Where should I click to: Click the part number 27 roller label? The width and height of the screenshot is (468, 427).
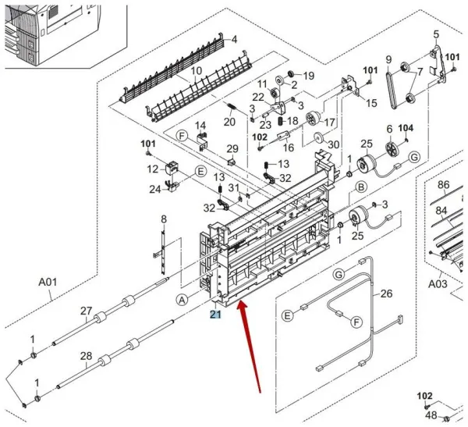[x=86, y=311]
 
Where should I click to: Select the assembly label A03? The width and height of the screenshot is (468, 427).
[x=438, y=284]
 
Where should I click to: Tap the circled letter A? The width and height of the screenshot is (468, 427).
[x=182, y=300]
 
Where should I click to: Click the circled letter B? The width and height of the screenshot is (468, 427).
[x=362, y=187]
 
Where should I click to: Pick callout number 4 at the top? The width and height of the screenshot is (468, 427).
[x=234, y=39]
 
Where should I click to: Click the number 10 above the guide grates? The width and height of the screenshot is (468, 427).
[x=197, y=71]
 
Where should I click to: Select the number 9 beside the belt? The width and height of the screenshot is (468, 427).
[x=388, y=60]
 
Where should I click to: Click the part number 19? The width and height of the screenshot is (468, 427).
[x=308, y=76]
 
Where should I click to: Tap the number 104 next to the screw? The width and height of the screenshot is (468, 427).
[x=406, y=128]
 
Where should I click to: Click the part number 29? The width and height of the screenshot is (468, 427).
[x=232, y=149]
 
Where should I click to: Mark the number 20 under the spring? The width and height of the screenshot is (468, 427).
[x=229, y=122]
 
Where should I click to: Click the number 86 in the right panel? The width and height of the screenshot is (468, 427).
[x=443, y=185]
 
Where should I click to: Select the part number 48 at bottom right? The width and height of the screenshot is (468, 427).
[x=430, y=415]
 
